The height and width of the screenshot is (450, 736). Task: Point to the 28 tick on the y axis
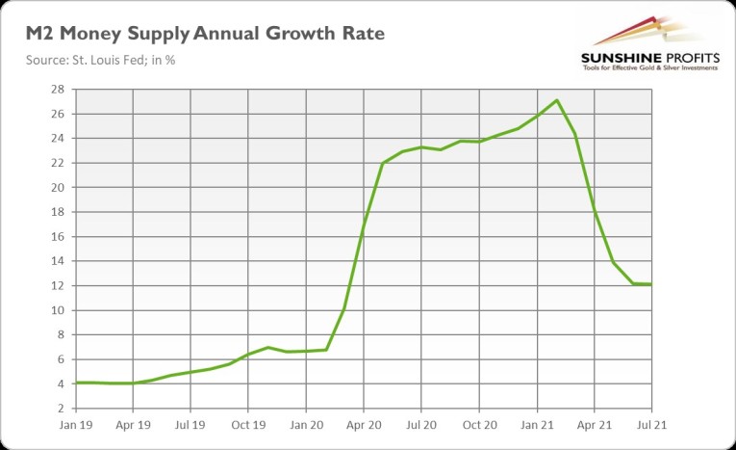click(59, 90)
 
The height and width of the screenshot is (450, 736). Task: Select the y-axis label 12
click(59, 286)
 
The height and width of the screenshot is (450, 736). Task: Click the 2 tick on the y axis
click(62, 409)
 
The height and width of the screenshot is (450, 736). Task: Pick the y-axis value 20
click(59, 188)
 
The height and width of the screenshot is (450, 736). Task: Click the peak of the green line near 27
click(557, 100)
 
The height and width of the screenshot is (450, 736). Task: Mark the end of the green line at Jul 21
click(651, 284)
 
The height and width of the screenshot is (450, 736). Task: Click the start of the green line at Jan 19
click(76, 383)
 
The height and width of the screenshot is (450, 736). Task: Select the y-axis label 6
click(62, 359)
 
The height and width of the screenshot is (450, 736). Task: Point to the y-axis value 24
click(59, 139)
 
